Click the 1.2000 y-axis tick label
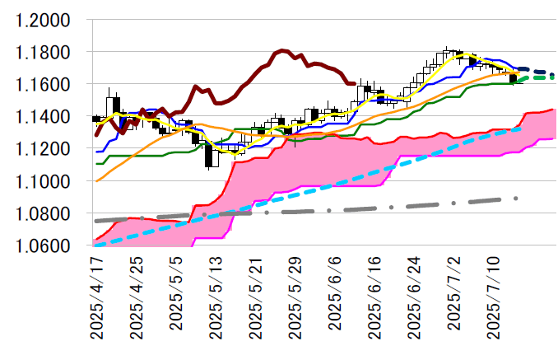tap(43, 21)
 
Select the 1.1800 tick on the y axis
tap(43, 53)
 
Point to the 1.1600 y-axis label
tap(43, 85)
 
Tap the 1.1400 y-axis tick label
tap(43, 117)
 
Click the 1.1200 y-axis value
tap(43, 149)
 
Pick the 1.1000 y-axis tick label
tap(43, 181)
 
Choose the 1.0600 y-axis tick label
tap(43, 245)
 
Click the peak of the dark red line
tap(282, 51)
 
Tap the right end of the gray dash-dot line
tap(517, 198)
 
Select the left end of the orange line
tap(97, 180)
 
